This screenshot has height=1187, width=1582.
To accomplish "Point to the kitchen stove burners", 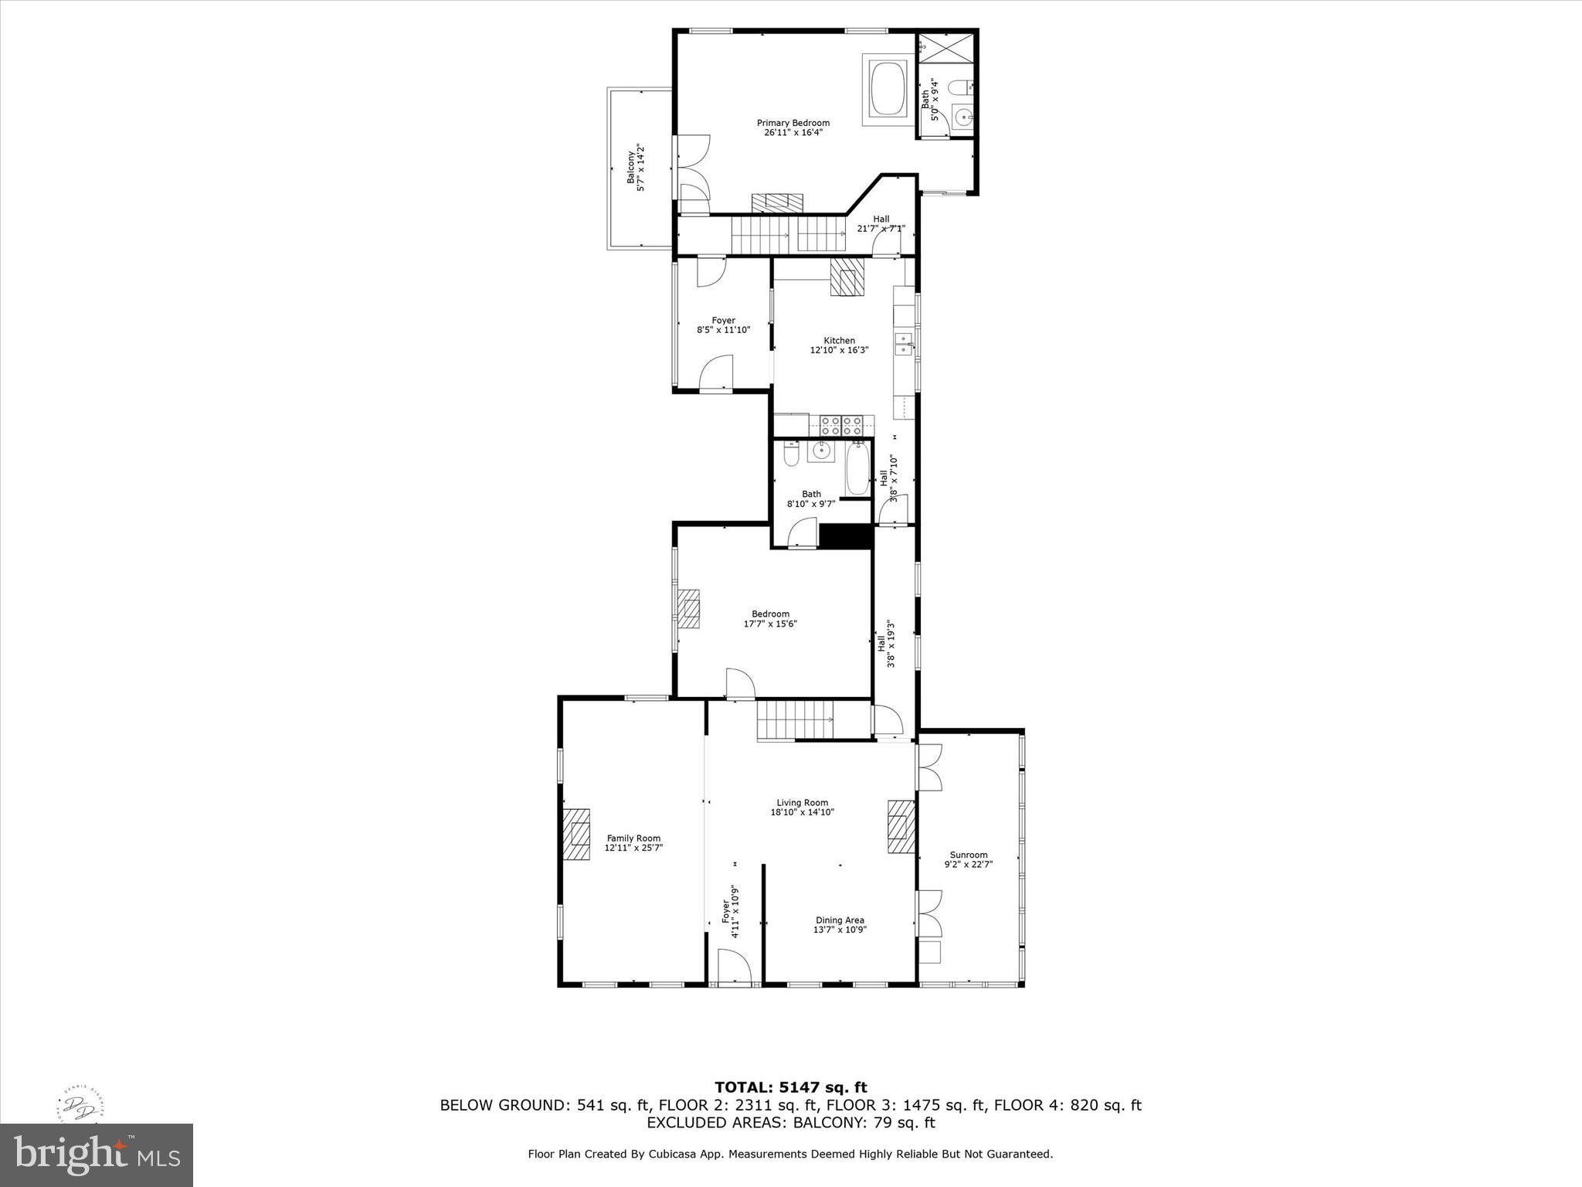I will click(x=841, y=425).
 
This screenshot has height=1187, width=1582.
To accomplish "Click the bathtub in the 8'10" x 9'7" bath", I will click(x=857, y=469).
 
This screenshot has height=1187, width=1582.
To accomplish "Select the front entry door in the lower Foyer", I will click(x=733, y=970).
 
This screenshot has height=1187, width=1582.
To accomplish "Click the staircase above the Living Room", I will click(x=796, y=719).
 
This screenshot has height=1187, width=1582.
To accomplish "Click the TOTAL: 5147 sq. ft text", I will click(x=790, y=1088).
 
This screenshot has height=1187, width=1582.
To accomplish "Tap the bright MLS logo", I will click(x=96, y=1155).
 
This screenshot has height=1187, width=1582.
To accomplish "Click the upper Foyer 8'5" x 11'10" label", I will click(x=723, y=325).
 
